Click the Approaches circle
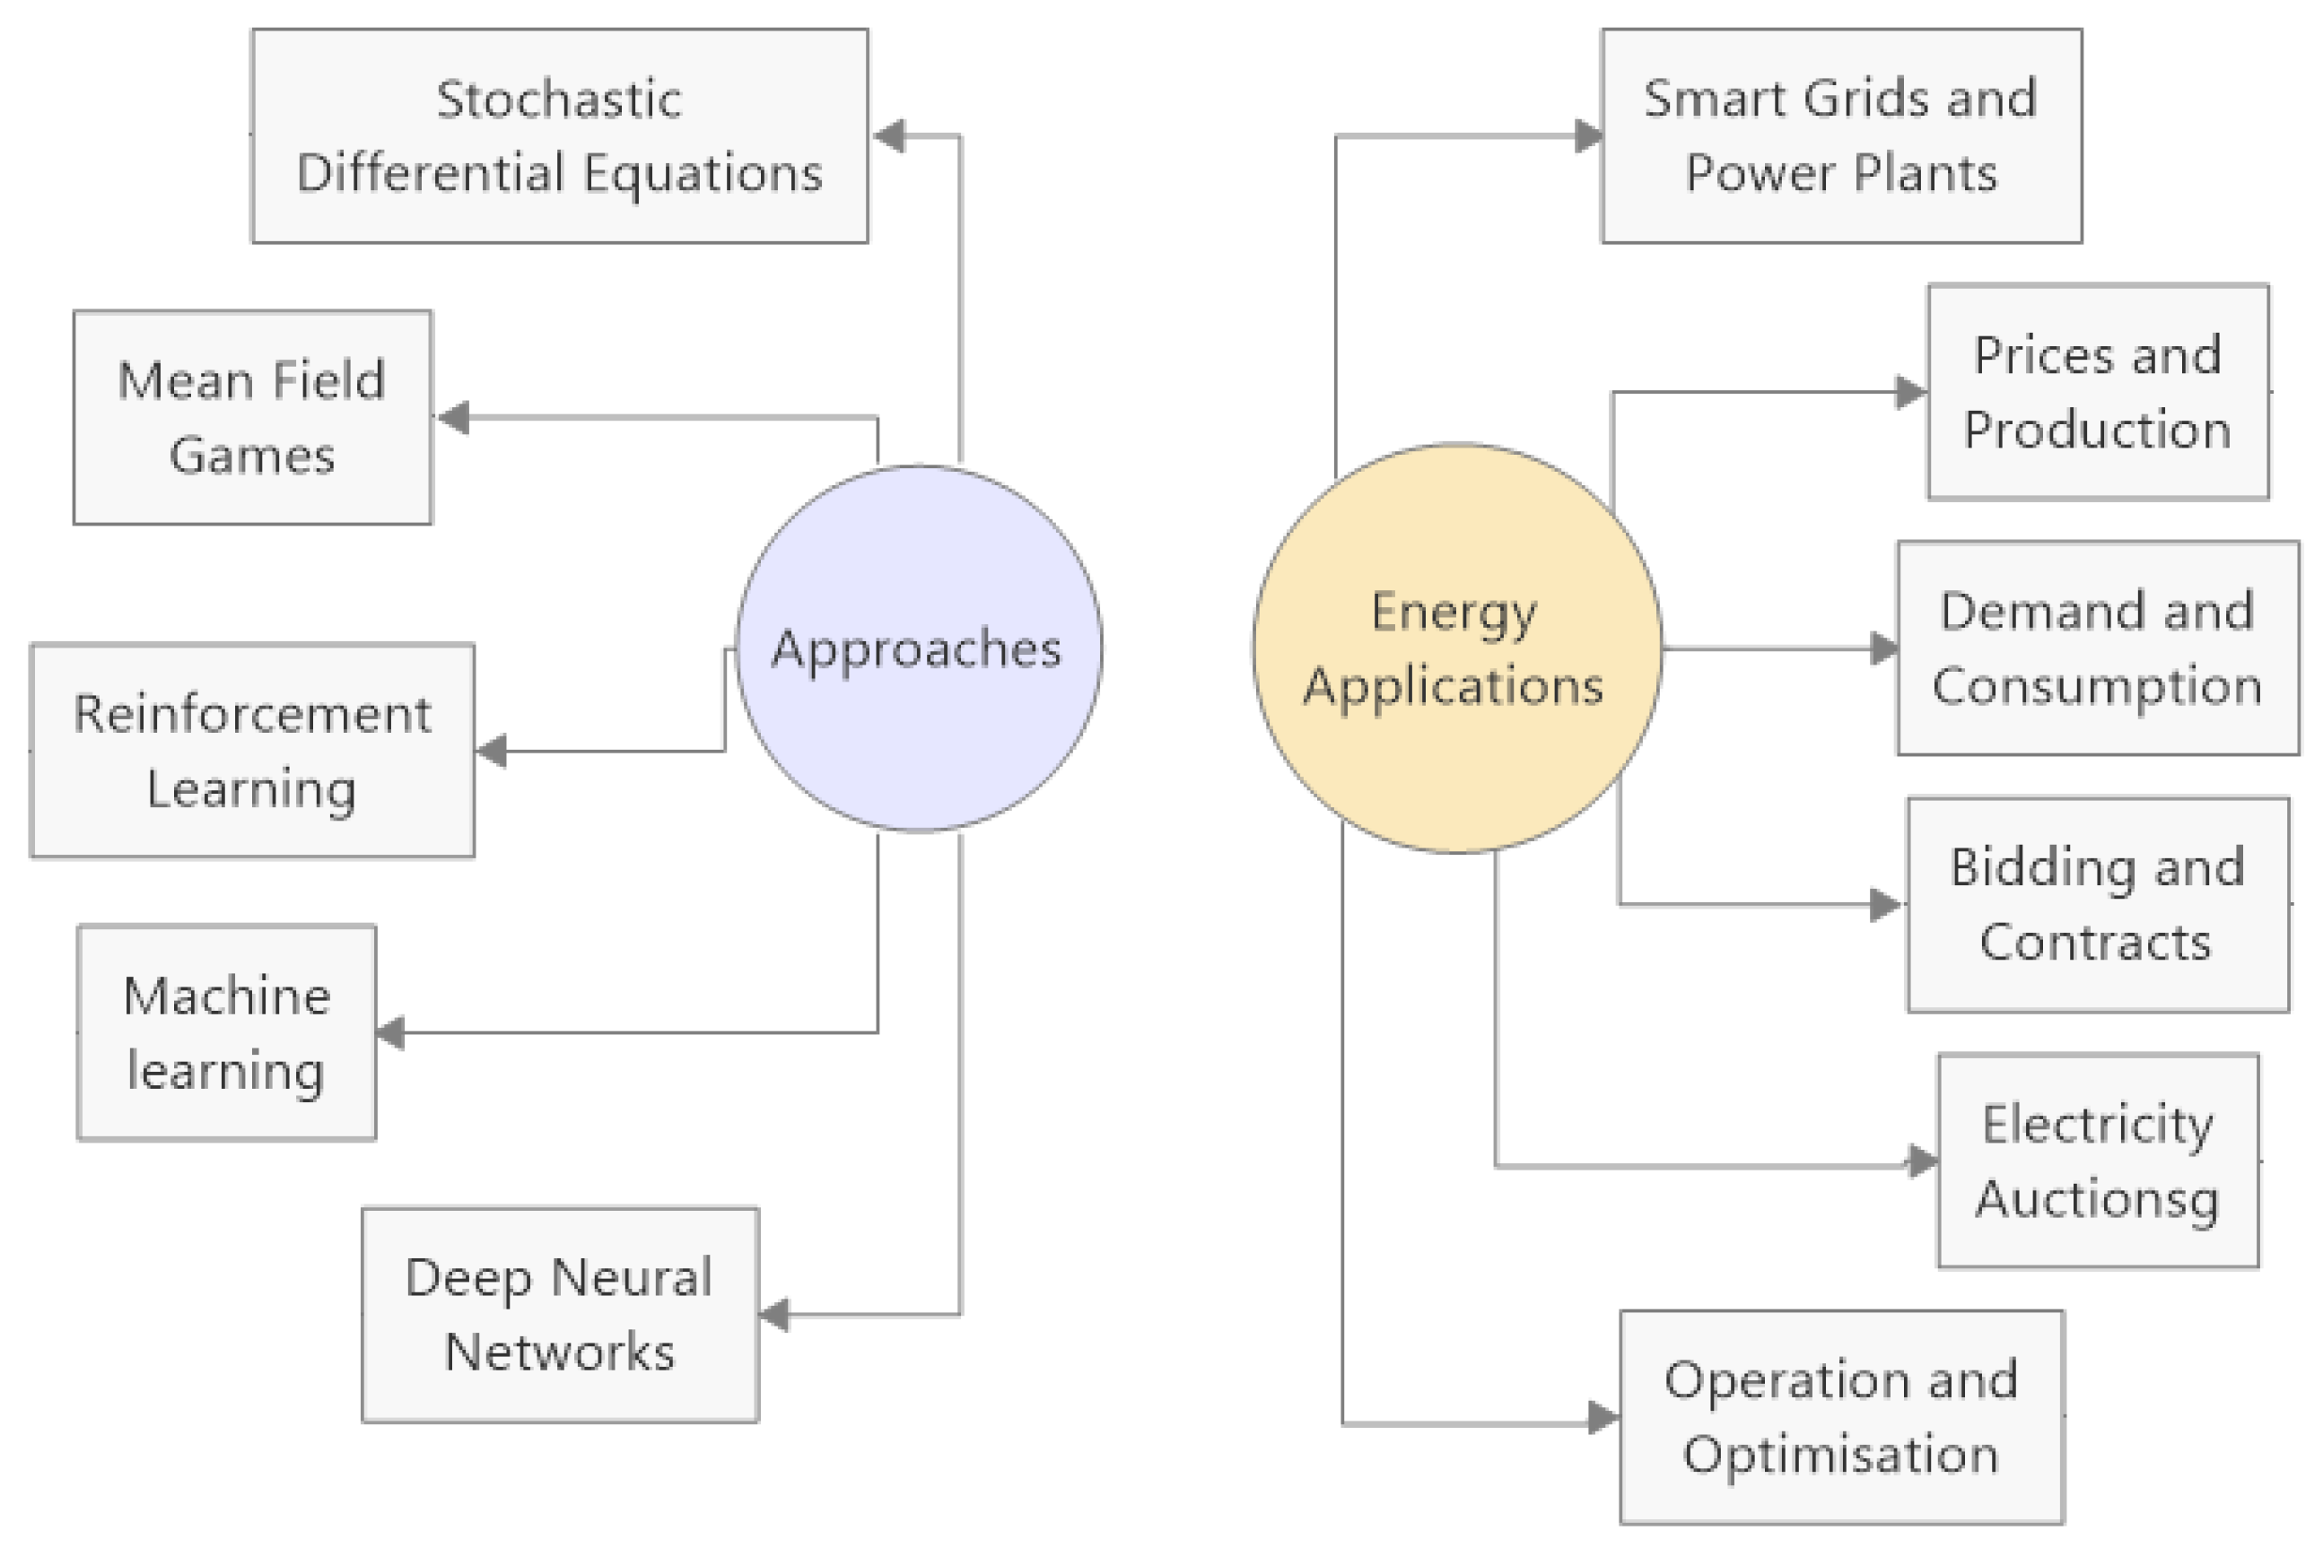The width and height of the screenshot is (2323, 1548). point(919,648)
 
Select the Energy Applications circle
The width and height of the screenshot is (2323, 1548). point(1457,648)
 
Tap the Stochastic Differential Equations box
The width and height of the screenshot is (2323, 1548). point(560,135)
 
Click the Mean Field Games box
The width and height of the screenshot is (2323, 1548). point(253,418)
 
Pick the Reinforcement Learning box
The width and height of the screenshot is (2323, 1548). point(253,751)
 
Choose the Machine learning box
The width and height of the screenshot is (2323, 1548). point(227,1032)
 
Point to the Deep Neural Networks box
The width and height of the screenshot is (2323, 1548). point(560,1314)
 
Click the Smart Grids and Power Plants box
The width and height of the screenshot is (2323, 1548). point(1841,135)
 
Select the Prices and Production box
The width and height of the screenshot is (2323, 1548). point(2098,392)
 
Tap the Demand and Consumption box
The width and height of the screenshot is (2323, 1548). point(2098,648)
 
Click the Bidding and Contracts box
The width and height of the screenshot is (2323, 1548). point(2098,904)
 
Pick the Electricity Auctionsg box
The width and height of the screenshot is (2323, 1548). point(2098,1161)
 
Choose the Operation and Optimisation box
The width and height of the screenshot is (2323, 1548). point(1842,1418)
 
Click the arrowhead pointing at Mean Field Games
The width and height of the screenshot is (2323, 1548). point(453,418)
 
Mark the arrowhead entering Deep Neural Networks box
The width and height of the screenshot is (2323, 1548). point(775,1315)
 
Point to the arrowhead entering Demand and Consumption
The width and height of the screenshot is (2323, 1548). point(1883,648)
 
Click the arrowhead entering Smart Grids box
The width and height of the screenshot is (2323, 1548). point(1588,135)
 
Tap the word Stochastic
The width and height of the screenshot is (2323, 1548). point(559,99)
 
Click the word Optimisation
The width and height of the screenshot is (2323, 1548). point(1841,1456)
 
